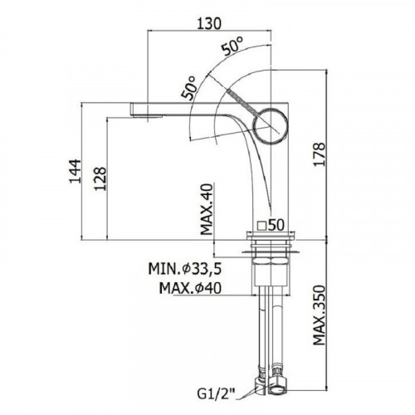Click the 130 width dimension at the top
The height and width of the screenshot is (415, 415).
pos(209,23)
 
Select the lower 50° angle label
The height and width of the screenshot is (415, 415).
pos(188,88)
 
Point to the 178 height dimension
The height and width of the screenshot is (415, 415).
pos(319,154)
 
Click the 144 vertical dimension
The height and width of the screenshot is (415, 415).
pos(75,171)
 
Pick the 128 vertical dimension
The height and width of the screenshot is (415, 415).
pos(100,178)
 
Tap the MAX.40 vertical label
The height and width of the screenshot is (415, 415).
pos(207,209)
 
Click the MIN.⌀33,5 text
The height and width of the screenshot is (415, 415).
pos(185,269)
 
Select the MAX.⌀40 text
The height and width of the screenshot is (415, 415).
pos(190,288)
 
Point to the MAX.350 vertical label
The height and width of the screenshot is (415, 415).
pos(319,315)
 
